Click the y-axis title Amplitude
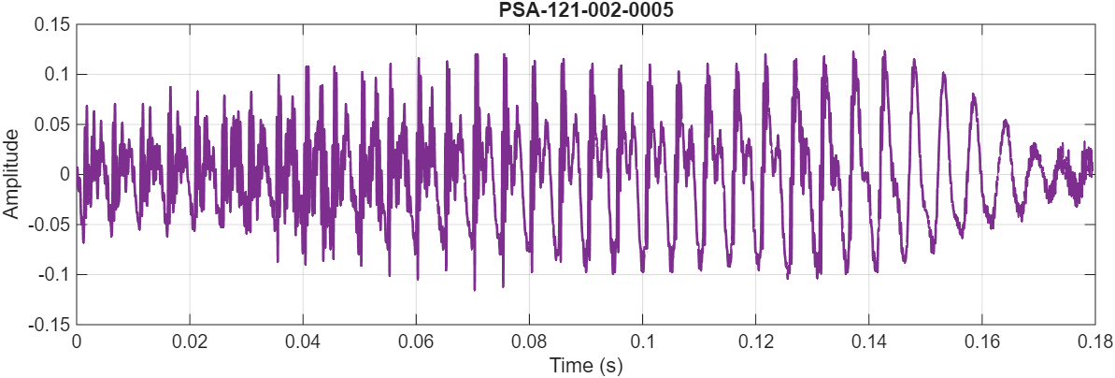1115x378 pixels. coord(11,174)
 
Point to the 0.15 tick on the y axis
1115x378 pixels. coord(50,24)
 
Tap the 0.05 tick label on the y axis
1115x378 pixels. coord(50,124)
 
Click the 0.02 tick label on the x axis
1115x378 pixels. coord(190,340)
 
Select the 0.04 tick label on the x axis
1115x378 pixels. coord(303,340)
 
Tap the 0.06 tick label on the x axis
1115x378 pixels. coord(416,340)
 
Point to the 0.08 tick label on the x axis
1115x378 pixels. coord(529,340)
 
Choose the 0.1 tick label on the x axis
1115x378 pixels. coord(642,340)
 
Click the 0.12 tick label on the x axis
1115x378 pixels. coord(755,340)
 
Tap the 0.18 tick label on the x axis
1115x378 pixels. coord(1092,340)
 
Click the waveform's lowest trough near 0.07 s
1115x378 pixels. coord(475,289)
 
